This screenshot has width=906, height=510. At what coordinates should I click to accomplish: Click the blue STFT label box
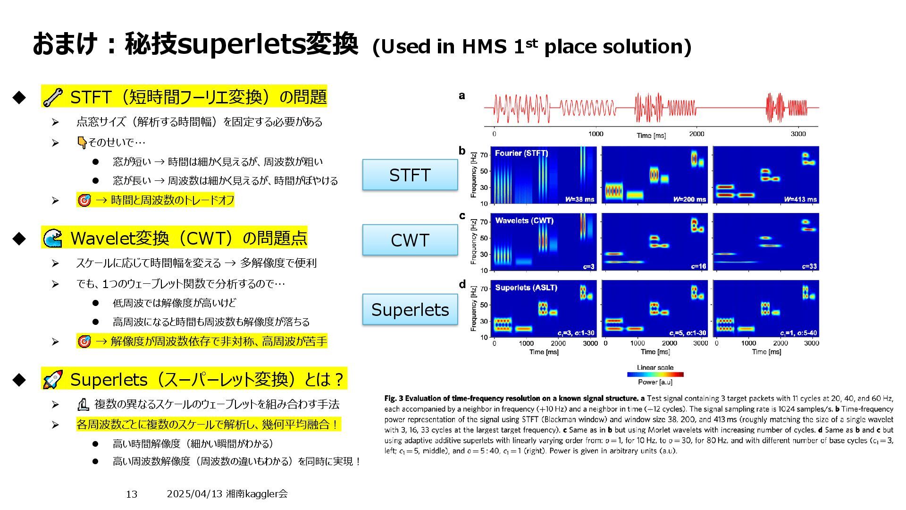[410, 175]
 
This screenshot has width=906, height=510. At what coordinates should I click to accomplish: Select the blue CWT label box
[410, 240]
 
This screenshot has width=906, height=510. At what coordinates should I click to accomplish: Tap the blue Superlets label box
[410, 309]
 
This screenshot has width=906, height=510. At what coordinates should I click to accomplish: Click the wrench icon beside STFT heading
[52, 97]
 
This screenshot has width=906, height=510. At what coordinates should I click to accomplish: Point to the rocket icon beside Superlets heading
[52, 379]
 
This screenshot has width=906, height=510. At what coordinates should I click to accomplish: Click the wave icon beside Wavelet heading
[52, 238]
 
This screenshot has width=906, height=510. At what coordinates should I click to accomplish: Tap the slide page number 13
[132, 494]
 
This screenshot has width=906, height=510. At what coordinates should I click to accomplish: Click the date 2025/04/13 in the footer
[194, 493]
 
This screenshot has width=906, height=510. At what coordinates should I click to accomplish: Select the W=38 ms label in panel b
[579, 199]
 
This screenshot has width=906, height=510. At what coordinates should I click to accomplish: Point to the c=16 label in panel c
[698, 266]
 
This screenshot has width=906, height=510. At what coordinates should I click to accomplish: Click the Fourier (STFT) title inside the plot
[521, 153]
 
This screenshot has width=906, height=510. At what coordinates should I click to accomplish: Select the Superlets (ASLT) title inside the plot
[526, 288]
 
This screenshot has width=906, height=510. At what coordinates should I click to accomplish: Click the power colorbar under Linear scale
[655, 374]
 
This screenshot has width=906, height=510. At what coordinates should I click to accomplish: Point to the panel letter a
[461, 95]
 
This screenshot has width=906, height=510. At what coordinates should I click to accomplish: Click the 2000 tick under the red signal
[696, 134]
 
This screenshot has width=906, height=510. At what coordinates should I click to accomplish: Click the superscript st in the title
[531, 42]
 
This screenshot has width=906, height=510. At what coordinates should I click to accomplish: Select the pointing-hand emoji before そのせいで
[82, 142]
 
